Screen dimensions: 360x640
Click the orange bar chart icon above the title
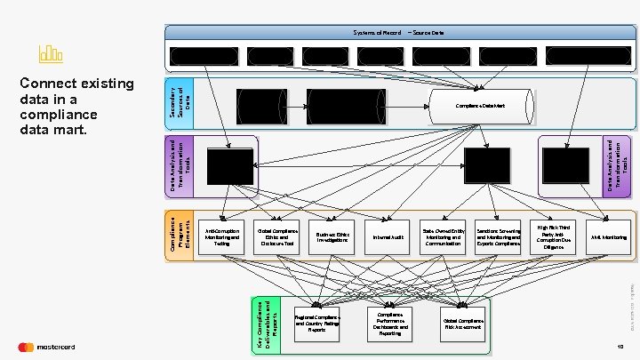50,53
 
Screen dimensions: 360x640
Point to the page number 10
620,347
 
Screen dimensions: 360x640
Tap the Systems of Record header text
377,32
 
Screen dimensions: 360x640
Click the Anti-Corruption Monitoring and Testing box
222,237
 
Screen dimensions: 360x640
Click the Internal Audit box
388,237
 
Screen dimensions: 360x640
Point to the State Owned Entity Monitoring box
444,237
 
